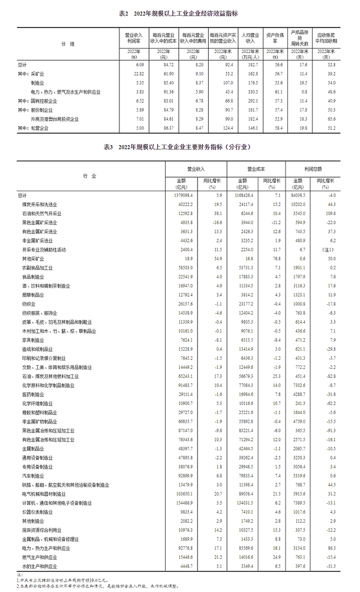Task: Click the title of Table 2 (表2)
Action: (x=179, y=13)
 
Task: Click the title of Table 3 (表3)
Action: (x=179, y=146)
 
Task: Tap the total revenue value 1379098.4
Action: (x=179, y=196)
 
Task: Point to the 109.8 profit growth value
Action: (x=327, y=214)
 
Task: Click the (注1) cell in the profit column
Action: (x=327, y=249)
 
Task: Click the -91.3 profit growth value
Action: (x=327, y=431)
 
